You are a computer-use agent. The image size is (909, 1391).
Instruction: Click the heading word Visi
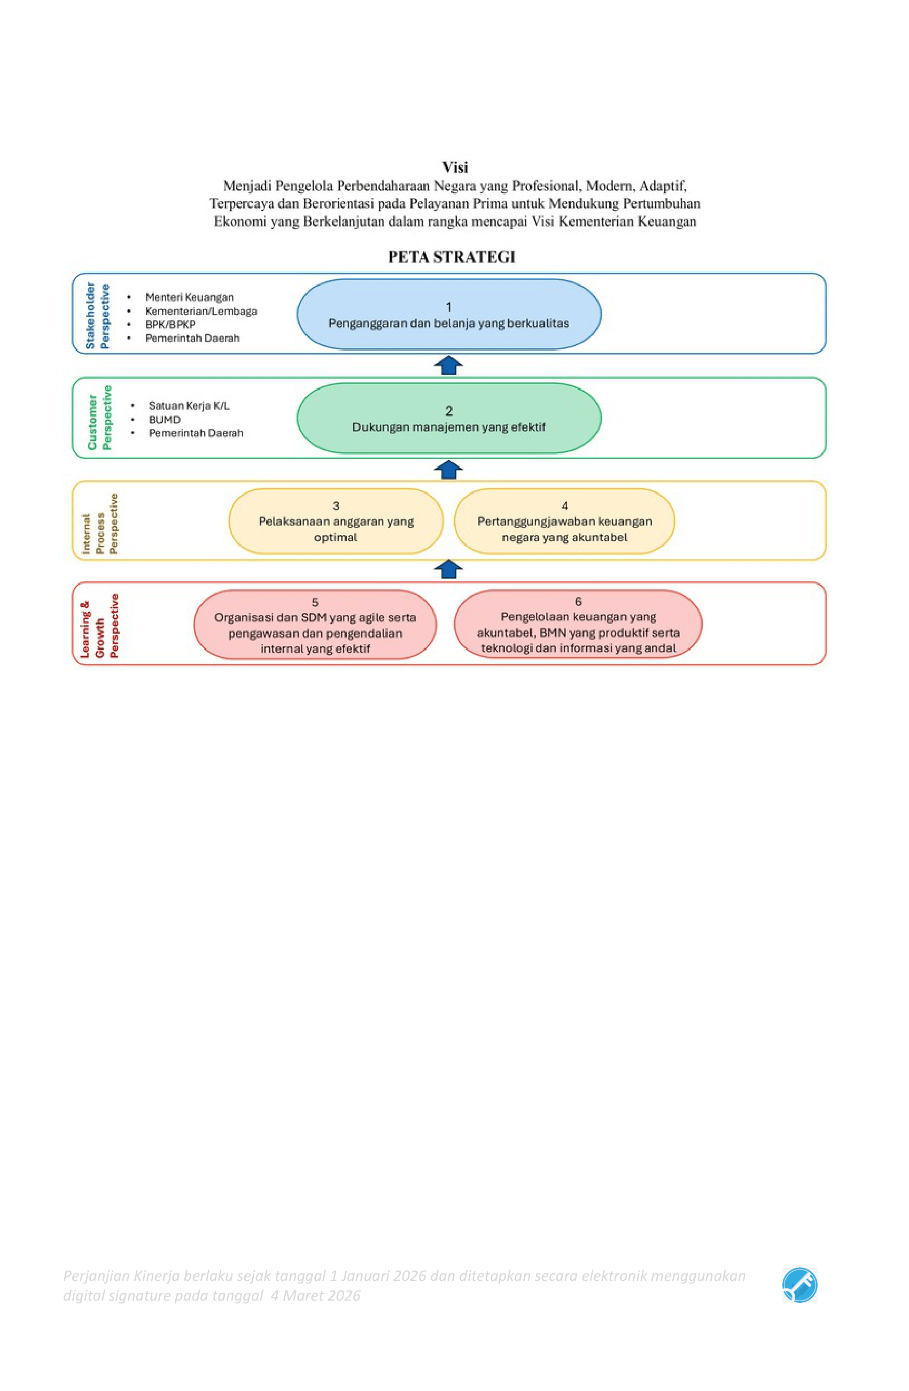tap(454, 168)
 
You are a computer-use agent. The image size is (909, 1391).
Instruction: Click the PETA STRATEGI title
tap(452, 257)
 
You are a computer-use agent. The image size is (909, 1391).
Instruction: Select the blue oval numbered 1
tap(449, 314)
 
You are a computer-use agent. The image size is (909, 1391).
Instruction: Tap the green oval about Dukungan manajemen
tap(449, 418)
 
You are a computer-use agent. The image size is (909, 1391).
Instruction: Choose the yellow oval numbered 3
tap(336, 521)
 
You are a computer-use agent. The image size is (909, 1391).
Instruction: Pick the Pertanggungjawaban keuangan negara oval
tap(564, 521)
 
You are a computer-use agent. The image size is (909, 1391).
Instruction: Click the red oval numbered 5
tap(315, 625)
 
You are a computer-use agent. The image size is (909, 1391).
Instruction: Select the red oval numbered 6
tap(578, 624)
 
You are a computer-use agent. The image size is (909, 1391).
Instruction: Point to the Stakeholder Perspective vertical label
tap(97, 316)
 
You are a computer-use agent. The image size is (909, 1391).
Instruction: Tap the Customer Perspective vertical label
tap(99, 417)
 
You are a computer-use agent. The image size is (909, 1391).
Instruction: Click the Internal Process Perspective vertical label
tap(99, 524)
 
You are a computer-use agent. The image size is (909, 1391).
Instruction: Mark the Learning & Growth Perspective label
tap(99, 626)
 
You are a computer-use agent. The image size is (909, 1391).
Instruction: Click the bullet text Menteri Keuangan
tap(189, 297)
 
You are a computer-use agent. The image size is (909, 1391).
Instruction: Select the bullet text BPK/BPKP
tap(170, 325)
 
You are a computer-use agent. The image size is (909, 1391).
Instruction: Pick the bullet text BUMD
tap(165, 420)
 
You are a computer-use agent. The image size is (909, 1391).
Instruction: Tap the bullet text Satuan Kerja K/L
tap(189, 405)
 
